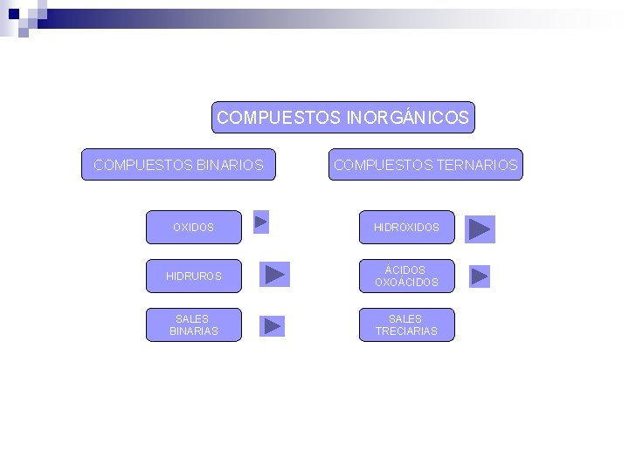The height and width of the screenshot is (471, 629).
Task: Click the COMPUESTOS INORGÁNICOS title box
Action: tap(342, 117)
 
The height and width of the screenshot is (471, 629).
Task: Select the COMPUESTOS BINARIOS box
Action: tap(178, 164)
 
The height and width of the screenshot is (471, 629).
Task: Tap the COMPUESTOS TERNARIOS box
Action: tap(425, 164)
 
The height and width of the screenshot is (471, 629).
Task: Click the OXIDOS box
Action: tap(193, 227)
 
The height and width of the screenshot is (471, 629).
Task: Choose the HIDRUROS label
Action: tap(193, 276)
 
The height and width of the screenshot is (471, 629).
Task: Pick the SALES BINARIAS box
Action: tap(193, 324)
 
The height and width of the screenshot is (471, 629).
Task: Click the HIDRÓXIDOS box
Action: tap(407, 227)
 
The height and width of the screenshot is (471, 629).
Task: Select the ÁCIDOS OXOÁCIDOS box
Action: tap(407, 276)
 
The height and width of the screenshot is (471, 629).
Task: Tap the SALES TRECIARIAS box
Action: tap(407, 324)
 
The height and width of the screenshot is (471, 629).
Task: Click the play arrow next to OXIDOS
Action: tap(260, 222)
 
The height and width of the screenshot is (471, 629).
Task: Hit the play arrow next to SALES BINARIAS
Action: tap(273, 326)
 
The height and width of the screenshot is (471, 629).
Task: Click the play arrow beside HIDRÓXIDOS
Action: tap(480, 229)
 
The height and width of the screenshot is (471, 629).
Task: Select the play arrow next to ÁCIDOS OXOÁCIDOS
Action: tap(480, 276)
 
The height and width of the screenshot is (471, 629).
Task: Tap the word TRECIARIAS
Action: tap(406, 331)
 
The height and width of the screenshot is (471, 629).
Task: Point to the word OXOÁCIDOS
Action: tap(406, 283)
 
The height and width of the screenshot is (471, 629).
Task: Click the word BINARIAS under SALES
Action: tap(193, 331)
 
